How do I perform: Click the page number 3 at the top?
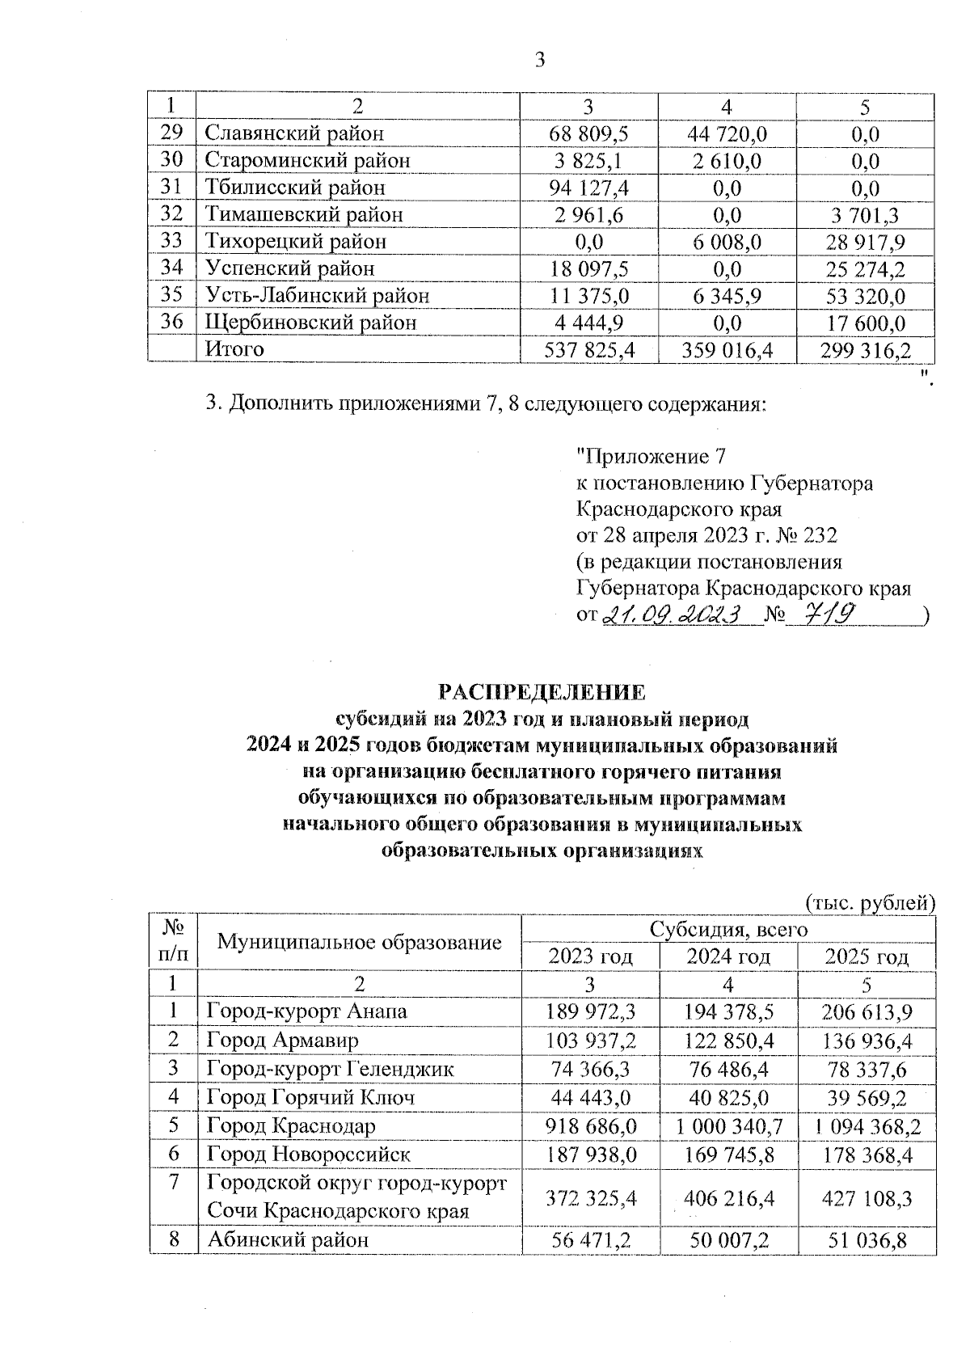tap(540, 60)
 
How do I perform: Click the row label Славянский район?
tap(295, 133)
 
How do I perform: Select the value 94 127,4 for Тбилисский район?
tap(589, 188)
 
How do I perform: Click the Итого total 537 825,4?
tap(589, 350)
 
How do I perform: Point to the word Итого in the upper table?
tap(235, 349)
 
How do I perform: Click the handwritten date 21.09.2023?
tap(673, 615)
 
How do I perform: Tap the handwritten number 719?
tap(820, 615)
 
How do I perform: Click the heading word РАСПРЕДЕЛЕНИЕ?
tap(542, 692)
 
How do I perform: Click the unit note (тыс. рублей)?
tap(869, 902)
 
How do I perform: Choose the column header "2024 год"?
tap(728, 957)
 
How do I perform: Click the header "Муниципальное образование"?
tap(360, 942)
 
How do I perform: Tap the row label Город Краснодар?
tap(291, 1125)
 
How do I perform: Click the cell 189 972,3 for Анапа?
tap(590, 1012)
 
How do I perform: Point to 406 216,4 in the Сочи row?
tap(728, 1198)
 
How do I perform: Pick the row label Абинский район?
tap(288, 1239)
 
